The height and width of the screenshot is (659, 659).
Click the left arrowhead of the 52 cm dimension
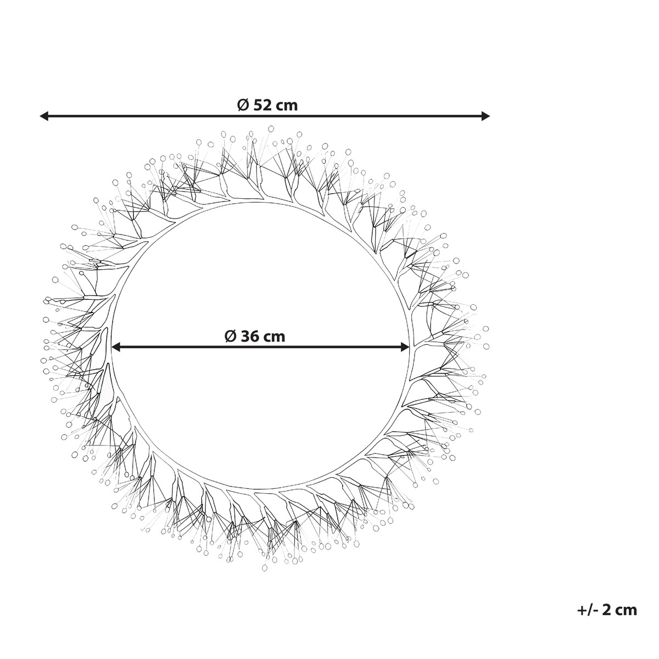(x=44, y=116)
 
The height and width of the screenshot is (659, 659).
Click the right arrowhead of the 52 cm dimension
(x=485, y=116)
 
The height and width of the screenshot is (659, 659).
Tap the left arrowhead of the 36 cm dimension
(x=116, y=348)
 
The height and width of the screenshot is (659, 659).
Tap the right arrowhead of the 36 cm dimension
(x=405, y=348)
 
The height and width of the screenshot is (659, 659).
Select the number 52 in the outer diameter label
(x=263, y=105)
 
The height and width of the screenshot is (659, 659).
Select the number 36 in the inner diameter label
(x=250, y=337)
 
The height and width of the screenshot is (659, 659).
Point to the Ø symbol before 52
(x=243, y=105)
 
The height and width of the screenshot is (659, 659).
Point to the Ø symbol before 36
(x=230, y=337)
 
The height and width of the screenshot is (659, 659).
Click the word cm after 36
(x=274, y=338)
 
